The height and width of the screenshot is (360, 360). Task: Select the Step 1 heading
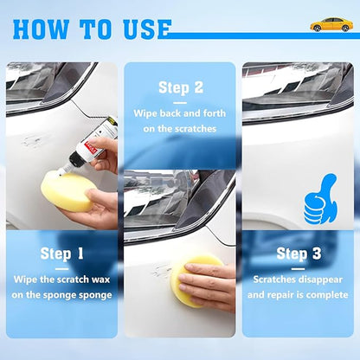61,254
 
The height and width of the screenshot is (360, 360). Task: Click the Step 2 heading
180,87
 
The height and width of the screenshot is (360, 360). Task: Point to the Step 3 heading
298,254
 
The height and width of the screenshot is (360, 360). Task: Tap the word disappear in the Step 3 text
316,280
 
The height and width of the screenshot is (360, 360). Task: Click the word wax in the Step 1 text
96,280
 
